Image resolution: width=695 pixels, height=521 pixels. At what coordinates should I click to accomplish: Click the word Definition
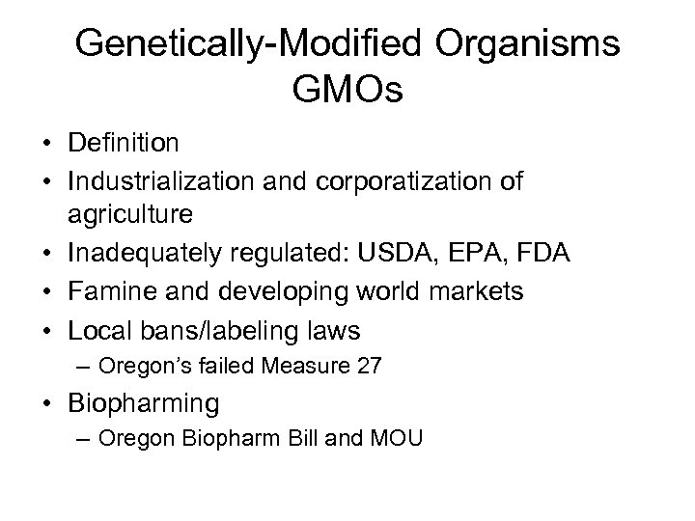123,144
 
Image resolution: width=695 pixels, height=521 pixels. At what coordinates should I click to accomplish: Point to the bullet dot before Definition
46,145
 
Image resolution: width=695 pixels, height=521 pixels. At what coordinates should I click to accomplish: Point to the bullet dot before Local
46,332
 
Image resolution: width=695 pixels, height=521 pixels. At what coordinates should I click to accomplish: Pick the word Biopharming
144,402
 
